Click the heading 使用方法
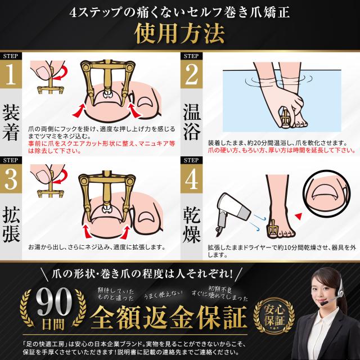[179, 33]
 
